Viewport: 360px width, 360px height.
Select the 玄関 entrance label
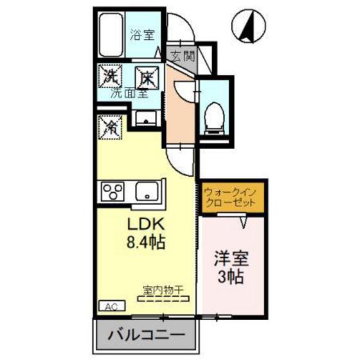pyautogui.click(x=181, y=55)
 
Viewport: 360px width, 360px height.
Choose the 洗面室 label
pyautogui.click(x=129, y=93)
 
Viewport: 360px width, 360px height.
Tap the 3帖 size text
pyautogui.click(x=231, y=279)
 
